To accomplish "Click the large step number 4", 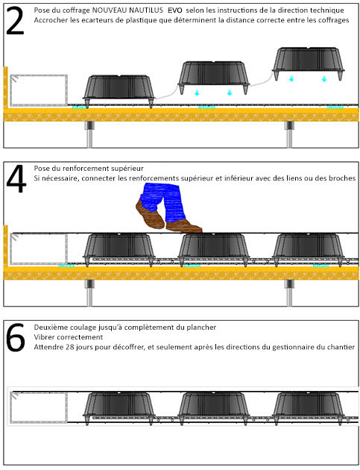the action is [16, 179].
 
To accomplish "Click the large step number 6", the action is [16, 337].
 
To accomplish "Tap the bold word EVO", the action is [175, 10].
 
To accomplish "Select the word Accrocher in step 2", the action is [48, 20].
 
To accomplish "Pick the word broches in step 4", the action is [342, 178].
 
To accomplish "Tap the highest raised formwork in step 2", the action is [309, 63].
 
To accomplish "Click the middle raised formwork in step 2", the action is [214, 78].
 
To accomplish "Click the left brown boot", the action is [150, 215].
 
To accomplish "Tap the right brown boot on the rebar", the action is [183, 226].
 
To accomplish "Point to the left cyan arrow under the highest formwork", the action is [291, 78].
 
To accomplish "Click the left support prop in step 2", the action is [89, 134].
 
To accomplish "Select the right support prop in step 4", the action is [289, 293].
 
